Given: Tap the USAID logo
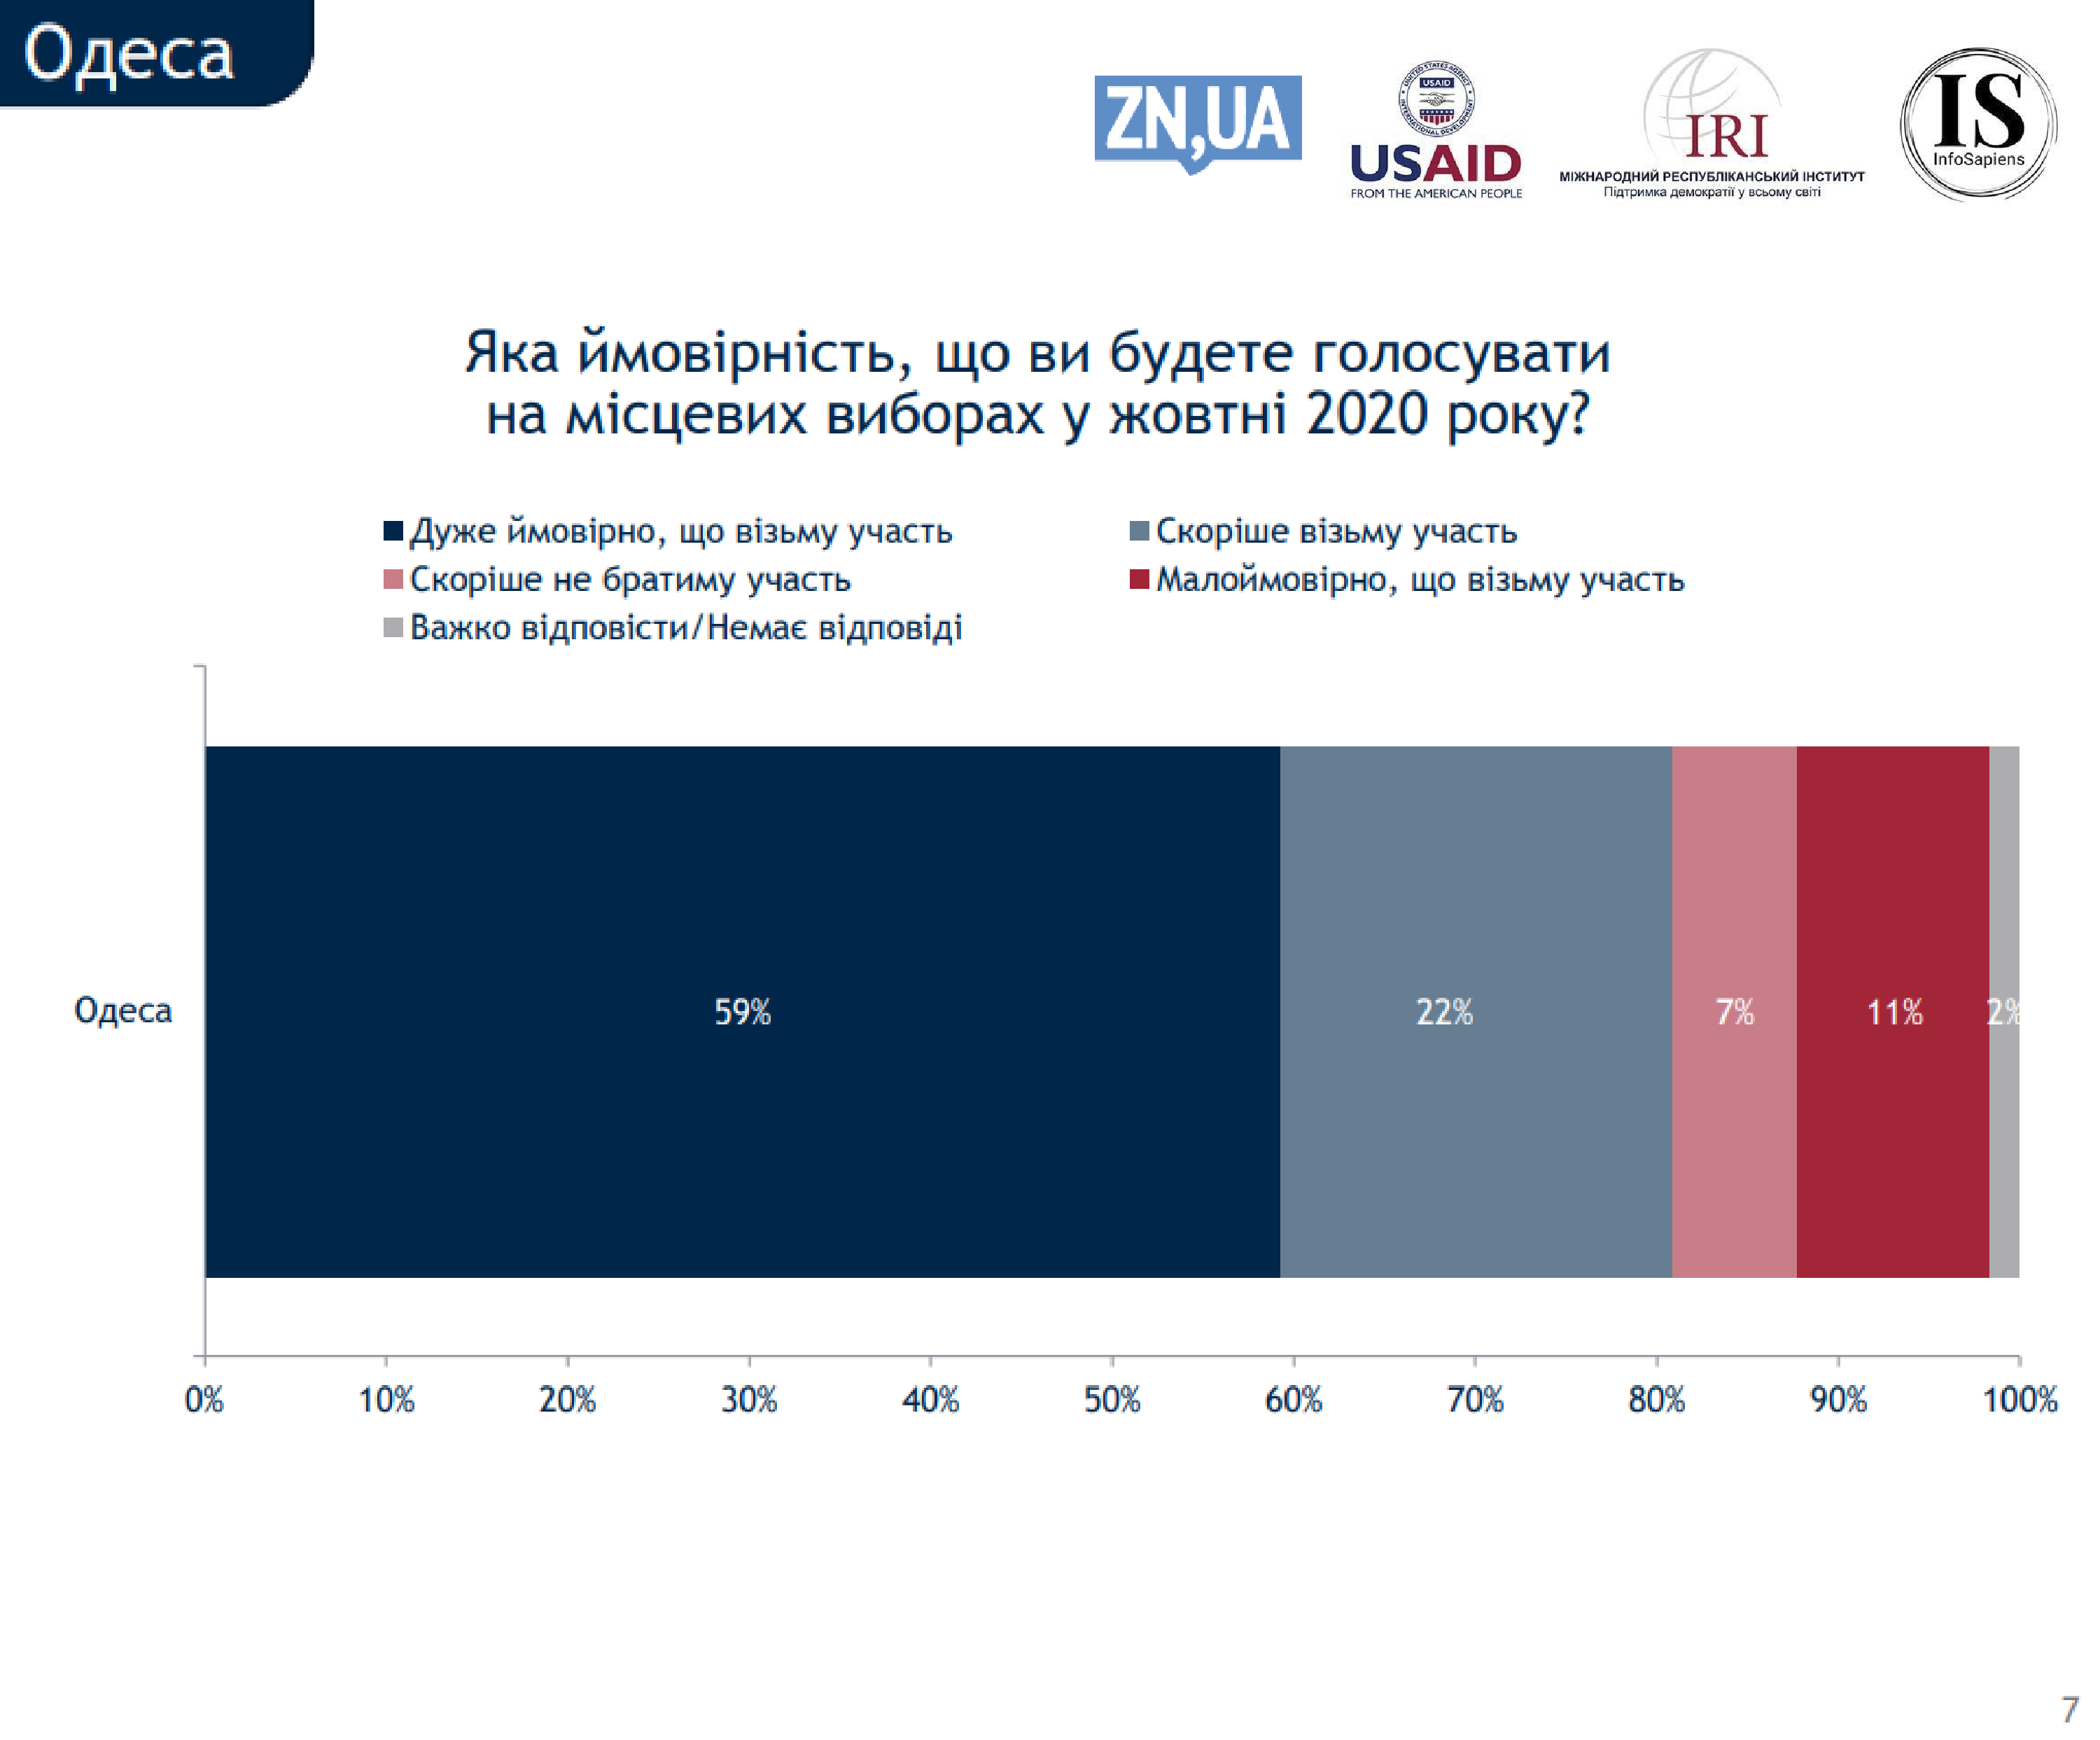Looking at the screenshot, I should coord(1435,130).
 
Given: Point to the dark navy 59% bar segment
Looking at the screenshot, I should coord(742,1011).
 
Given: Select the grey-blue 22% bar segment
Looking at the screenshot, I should coord(1475,1011).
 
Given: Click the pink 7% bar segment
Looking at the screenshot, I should coord(1734,1011).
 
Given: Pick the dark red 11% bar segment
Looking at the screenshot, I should coord(1892,1011).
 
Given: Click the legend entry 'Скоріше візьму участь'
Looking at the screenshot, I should coord(1335,531).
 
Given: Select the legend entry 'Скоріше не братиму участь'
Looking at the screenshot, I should coord(629,579).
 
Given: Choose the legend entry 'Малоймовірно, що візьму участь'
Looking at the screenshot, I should coord(1419,579).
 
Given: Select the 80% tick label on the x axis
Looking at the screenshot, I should coord(1656,1399).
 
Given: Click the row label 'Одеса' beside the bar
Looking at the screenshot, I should coord(123,1010).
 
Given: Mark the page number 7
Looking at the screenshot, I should coord(2069,1709).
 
